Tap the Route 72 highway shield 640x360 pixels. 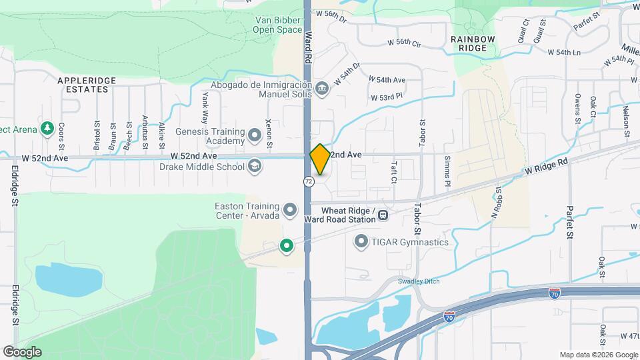pos(308,181)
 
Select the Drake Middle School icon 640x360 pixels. pos(254,166)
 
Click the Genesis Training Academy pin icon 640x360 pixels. pos(254,136)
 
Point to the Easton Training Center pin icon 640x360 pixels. pos(290,211)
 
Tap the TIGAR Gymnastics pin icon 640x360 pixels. pos(362,242)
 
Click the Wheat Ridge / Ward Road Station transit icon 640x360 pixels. pos(383,215)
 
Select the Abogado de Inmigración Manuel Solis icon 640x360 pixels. pos(322,89)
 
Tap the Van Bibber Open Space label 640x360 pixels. pos(278,25)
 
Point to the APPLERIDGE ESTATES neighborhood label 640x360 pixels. pos(87,85)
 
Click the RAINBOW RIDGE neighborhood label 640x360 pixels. pos(473,44)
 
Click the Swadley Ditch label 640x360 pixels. pos(419,281)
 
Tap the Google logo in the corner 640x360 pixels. pos(21,352)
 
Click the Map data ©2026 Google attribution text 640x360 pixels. pos(598,355)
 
